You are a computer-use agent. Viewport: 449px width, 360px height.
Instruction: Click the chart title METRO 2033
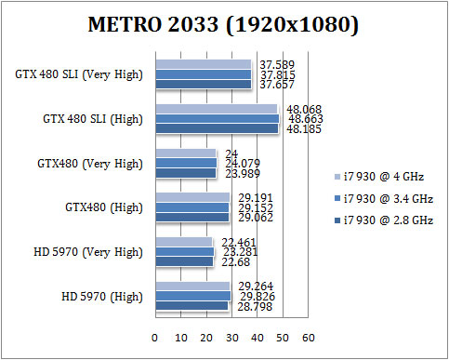[x=223, y=25]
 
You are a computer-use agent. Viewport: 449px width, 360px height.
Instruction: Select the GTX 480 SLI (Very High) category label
[x=79, y=74]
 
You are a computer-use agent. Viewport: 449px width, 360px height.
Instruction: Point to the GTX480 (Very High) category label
[x=90, y=163]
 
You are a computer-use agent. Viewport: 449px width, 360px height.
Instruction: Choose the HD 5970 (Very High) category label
[x=90, y=251]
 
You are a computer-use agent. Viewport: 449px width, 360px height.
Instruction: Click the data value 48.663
[x=306, y=119]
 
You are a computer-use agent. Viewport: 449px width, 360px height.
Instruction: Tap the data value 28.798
[x=248, y=306]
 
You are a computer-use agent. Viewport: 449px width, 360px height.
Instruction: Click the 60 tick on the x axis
[x=308, y=338]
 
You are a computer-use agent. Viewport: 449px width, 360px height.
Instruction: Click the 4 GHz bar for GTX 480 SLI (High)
[x=216, y=109]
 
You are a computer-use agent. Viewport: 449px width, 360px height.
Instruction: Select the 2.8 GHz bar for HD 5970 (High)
[x=191, y=306]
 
